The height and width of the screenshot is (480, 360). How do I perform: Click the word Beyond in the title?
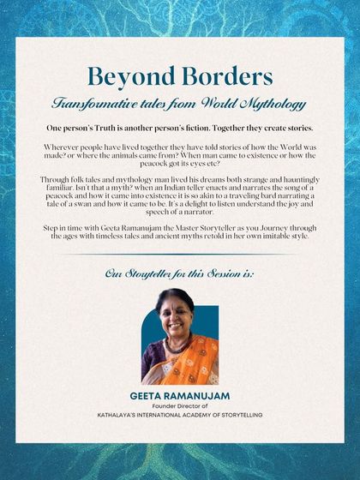pos(128,77)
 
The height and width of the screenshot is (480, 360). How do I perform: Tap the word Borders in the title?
pos(226,77)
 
